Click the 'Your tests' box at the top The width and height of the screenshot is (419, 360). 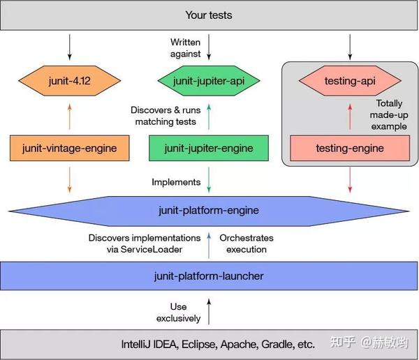(x=209, y=15)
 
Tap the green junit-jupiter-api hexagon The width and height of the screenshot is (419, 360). (x=209, y=81)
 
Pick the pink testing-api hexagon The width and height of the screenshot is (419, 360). (x=350, y=81)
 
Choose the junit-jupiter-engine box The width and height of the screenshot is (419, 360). (x=209, y=148)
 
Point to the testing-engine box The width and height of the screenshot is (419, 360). (x=350, y=148)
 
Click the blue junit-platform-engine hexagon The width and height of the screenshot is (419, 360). (x=209, y=209)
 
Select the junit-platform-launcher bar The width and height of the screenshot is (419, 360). (x=209, y=276)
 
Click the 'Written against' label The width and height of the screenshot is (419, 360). (x=185, y=48)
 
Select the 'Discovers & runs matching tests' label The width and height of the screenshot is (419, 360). (x=166, y=115)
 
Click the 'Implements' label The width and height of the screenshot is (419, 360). (x=176, y=182)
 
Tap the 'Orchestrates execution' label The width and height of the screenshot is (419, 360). (x=246, y=243)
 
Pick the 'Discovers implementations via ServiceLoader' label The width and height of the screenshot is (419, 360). (x=144, y=243)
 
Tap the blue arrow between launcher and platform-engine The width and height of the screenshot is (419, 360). (x=209, y=243)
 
